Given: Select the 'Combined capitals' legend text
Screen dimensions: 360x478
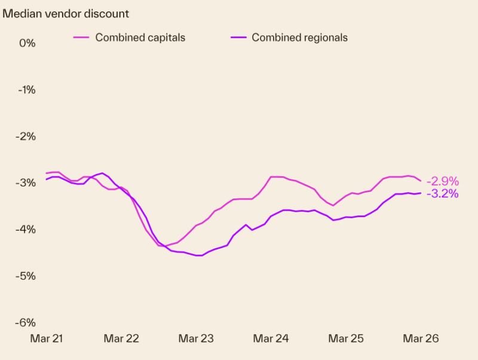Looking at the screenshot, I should [x=140, y=37].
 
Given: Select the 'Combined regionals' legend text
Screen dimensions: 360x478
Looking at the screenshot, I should [x=299, y=37].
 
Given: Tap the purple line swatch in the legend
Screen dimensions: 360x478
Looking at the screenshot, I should [x=238, y=37].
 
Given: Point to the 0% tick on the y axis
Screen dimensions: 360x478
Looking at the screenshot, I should [x=27, y=43].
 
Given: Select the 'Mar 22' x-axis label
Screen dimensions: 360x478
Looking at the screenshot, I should [x=121, y=338].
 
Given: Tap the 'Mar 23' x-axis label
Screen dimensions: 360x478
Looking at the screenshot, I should [x=196, y=338].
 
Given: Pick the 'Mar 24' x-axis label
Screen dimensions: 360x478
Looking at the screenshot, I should [x=271, y=338].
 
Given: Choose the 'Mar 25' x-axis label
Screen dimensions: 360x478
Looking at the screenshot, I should [x=346, y=338].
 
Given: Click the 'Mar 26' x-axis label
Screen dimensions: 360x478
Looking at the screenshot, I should [x=421, y=338].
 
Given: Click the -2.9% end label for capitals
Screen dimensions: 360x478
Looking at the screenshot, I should [x=442, y=181].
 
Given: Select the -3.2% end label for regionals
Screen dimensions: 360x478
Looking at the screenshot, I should [x=442, y=194].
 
